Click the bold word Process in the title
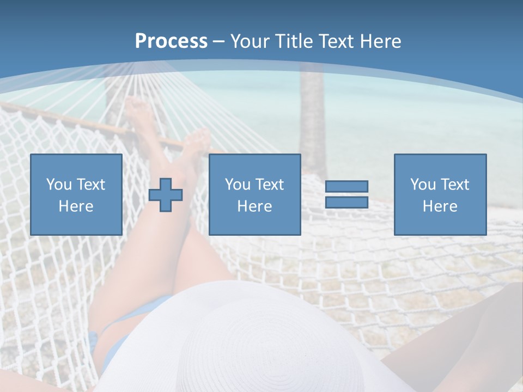[171, 41]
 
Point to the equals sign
[346, 194]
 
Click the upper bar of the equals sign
[346, 187]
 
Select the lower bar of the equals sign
[346, 203]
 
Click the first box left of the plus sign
[76, 194]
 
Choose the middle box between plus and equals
[255, 194]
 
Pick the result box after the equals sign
[440, 194]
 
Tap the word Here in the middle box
[255, 206]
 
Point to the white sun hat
[261, 338]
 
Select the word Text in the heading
[335, 41]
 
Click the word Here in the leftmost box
[76, 206]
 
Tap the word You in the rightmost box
[423, 185]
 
